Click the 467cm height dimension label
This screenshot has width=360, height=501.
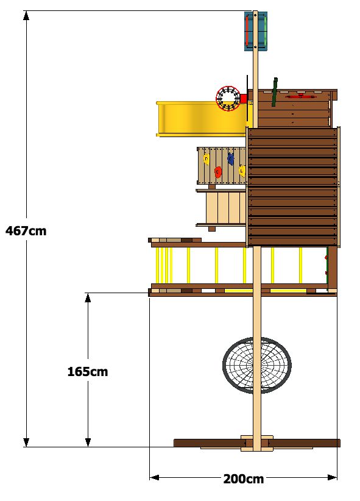point(26,230)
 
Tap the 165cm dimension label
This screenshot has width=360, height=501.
point(88,372)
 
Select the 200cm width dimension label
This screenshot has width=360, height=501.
point(244,479)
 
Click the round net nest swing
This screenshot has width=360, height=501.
point(257,365)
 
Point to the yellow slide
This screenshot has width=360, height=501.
point(202,119)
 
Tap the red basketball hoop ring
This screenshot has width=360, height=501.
point(228,98)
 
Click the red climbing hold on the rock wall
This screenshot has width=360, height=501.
point(218,172)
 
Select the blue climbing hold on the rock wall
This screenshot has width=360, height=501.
point(231,159)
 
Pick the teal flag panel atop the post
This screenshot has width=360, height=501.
point(256,31)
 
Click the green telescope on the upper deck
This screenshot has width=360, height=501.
point(274,91)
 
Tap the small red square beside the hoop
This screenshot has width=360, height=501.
point(244,98)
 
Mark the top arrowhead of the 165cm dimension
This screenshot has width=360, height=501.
point(88,297)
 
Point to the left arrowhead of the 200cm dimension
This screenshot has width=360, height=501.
point(154,477)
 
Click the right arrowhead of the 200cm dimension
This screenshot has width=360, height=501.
point(332,477)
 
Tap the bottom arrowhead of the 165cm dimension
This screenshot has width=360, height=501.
point(88,442)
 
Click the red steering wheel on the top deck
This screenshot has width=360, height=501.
point(300,96)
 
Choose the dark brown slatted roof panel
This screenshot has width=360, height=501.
point(293,187)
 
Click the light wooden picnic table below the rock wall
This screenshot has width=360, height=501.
point(221,208)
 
